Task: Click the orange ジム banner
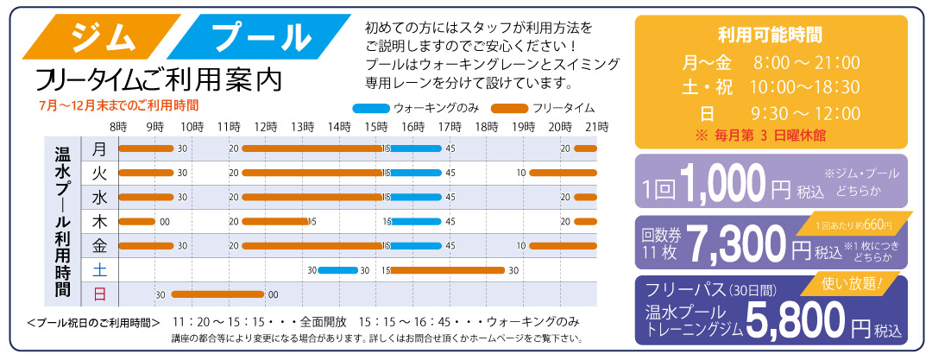tap(102, 37)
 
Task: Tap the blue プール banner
tap(259, 37)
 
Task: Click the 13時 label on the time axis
tap(303, 127)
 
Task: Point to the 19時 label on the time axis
tap(523, 127)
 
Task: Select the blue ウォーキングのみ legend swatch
tap(370, 109)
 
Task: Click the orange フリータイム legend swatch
tap(509, 109)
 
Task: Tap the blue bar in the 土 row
tap(338, 270)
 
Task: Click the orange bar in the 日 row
tap(217, 294)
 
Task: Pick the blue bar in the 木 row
tap(415, 221)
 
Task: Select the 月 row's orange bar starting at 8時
tap(146, 148)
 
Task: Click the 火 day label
tap(99, 174)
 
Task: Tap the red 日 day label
tap(99, 294)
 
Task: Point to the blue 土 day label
tap(99, 270)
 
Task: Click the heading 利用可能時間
tap(771, 35)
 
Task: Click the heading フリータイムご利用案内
tap(159, 79)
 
